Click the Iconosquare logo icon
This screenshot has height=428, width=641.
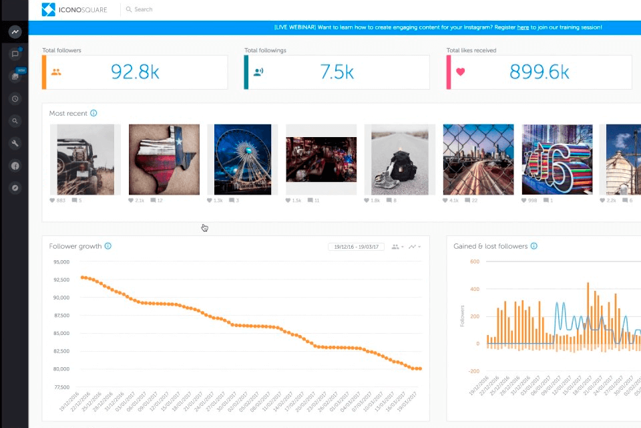tap(49, 9)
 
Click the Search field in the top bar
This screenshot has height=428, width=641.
tap(143, 9)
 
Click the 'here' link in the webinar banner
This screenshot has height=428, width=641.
tap(523, 27)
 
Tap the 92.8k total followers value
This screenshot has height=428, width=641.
tap(135, 72)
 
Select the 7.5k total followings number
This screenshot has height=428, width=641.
tap(337, 72)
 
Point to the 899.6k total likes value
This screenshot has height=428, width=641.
tap(539, 72)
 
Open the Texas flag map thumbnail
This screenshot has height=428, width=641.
tap(164, 160)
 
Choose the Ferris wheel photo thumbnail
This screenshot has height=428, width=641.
tap(242, 160)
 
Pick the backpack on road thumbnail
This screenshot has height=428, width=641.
tap(399, 160)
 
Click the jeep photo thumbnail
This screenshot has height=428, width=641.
tap(85, 160)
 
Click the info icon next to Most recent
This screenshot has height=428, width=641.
tap(93, 113)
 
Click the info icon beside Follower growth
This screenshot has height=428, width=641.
tap(108, 246)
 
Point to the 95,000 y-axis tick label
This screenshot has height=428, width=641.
tap(61, 262)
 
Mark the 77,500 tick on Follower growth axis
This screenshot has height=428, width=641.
tap(61, 387)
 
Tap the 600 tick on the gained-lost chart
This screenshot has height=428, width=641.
tap(475, 261)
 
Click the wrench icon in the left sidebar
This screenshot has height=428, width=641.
tap(15, 143)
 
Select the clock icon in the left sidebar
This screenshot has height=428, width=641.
tap(15, 99)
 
